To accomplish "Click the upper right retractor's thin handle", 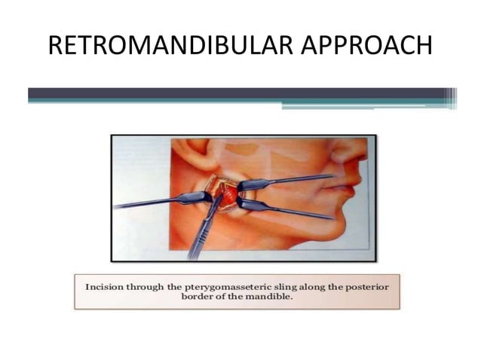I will point(302,179).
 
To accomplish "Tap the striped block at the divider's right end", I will point(451,98).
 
